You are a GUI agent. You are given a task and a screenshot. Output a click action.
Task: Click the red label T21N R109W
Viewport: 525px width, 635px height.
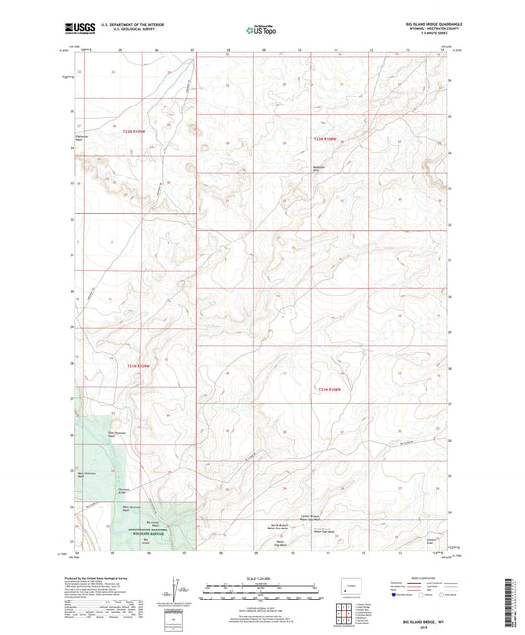138,367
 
